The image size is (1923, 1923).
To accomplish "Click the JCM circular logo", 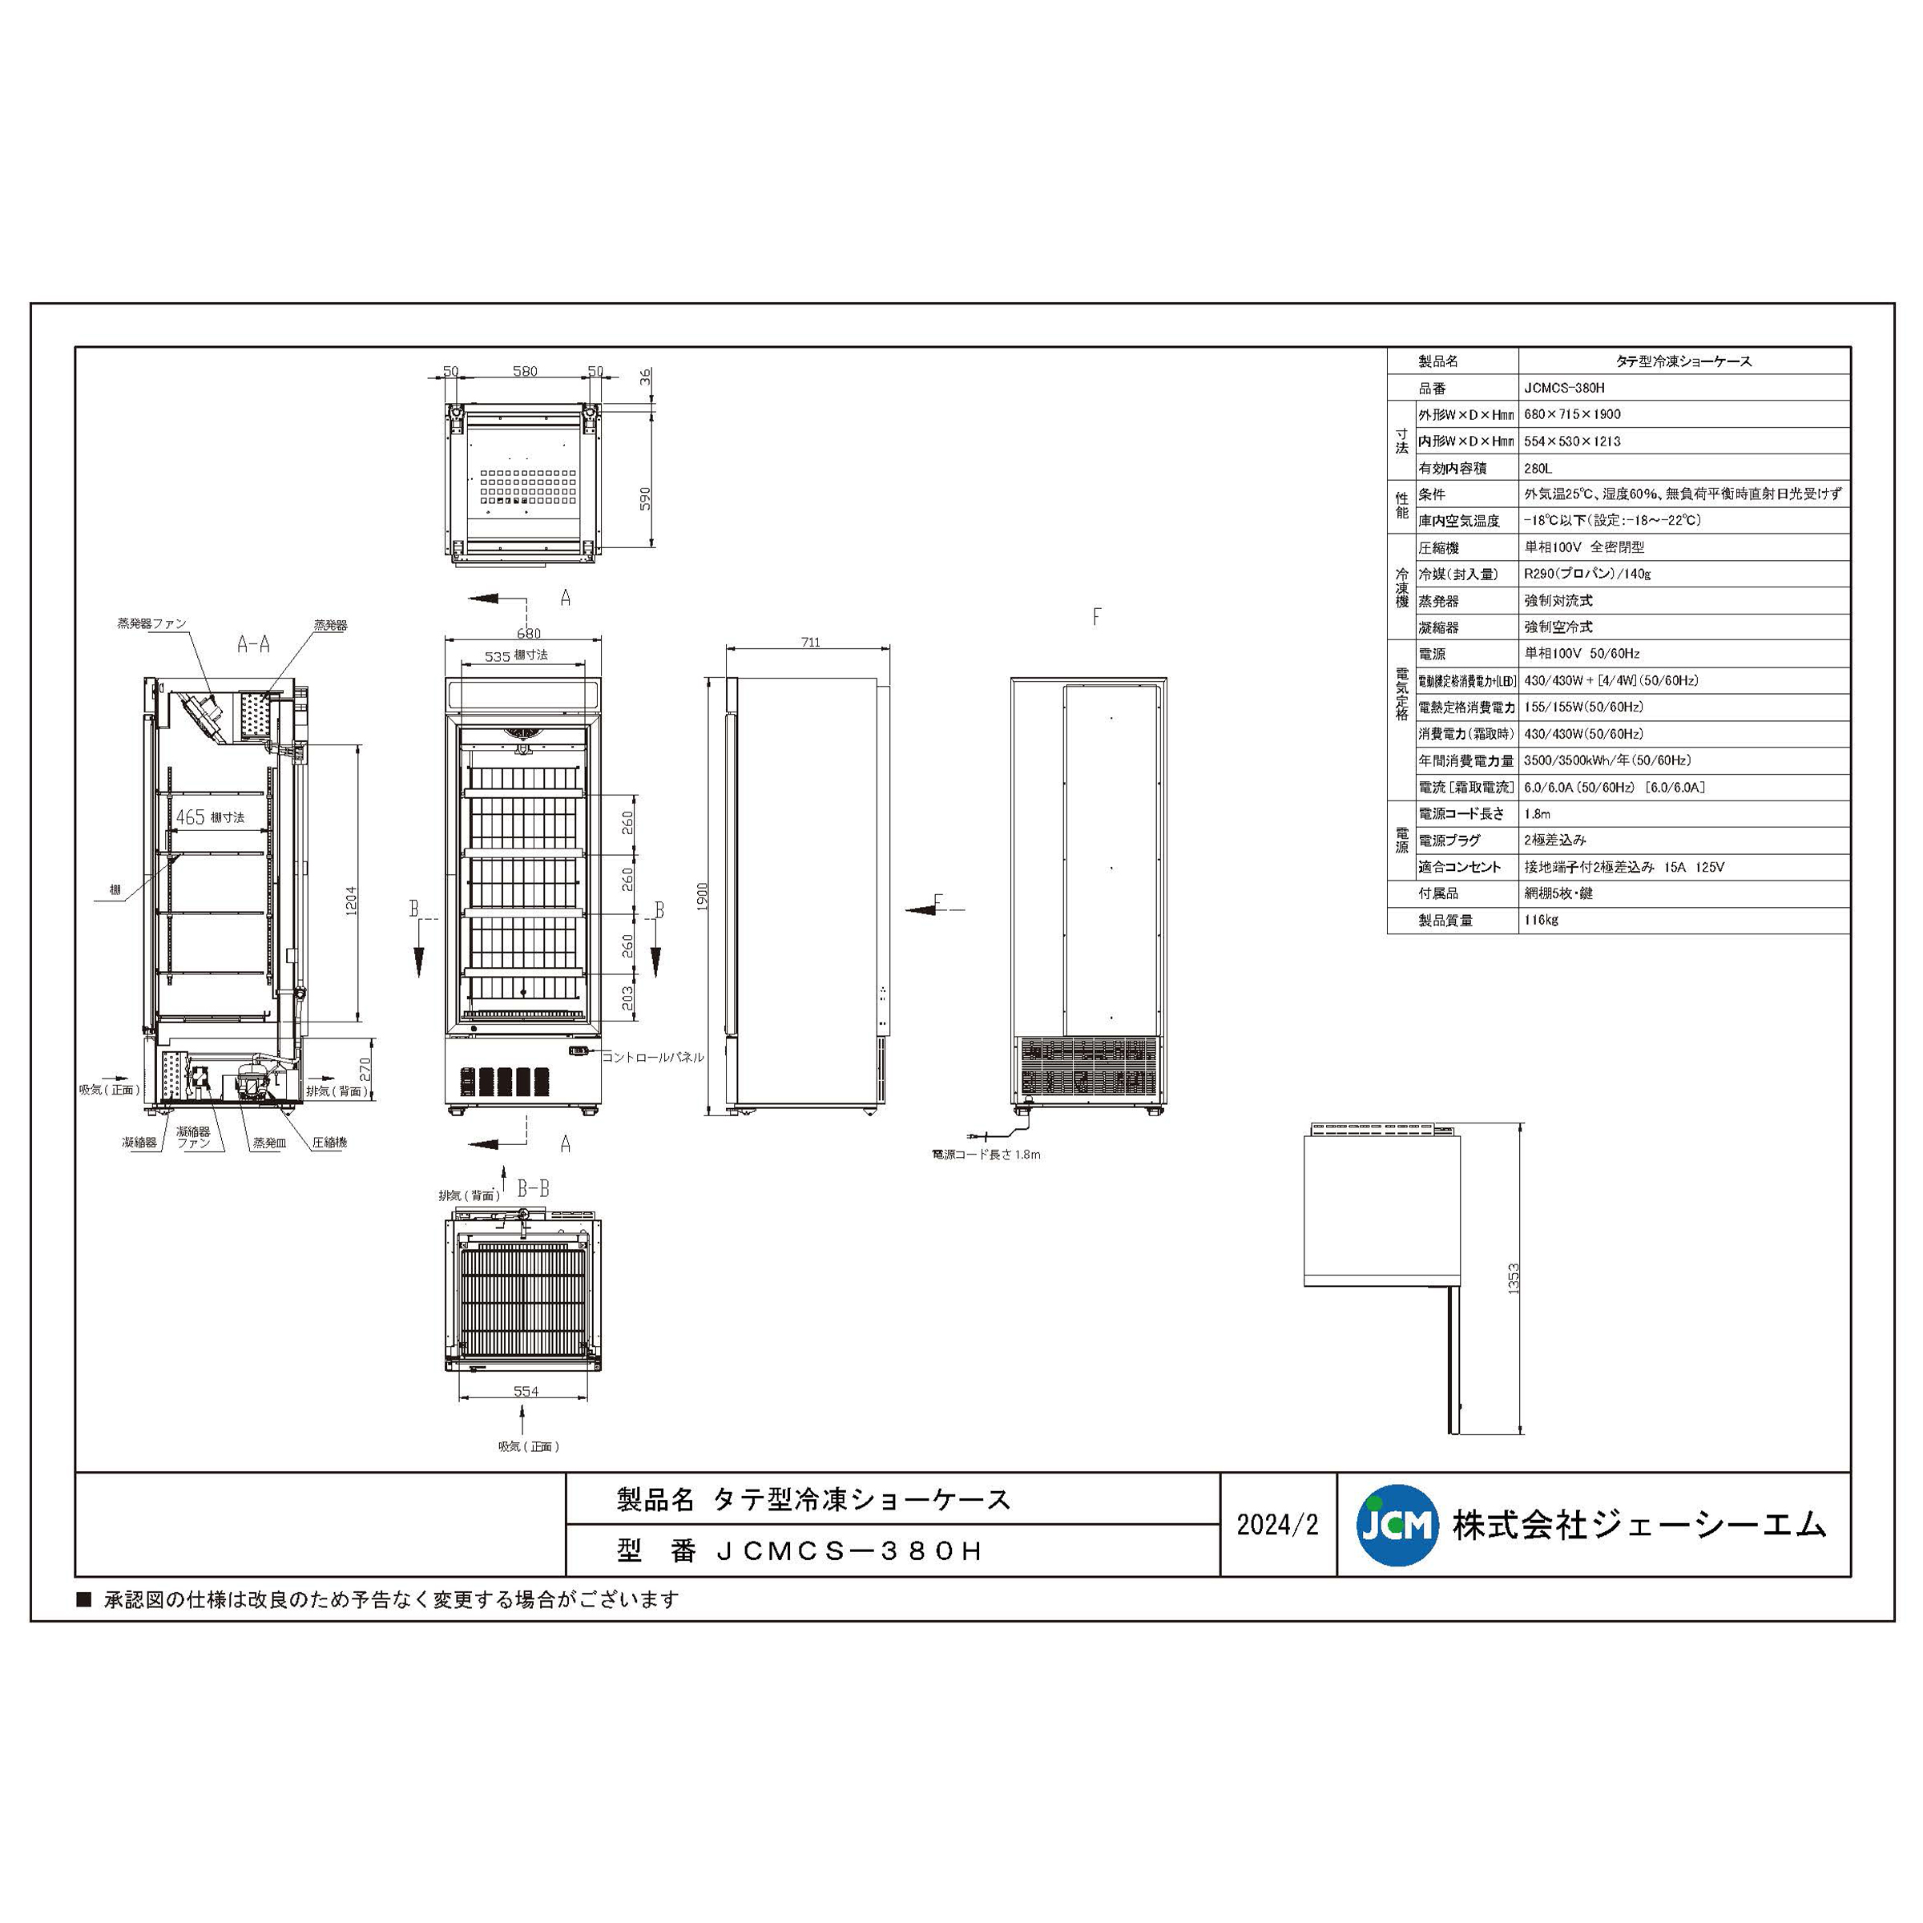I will pos(1397,1525).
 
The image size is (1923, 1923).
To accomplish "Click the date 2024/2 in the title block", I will pos(1277,1525).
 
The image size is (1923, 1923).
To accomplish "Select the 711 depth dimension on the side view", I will pos(810,642).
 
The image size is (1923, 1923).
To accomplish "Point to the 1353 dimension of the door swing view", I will pos(1513,1278).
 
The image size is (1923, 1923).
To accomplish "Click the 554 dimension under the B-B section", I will pos(526,1392).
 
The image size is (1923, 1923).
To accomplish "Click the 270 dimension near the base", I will pos(365,1070).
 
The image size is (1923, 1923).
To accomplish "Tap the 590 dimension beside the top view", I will pos(645,498).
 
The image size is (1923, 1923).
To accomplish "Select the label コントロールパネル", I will pos(653,1057).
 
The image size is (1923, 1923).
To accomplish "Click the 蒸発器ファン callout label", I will pos(151,624).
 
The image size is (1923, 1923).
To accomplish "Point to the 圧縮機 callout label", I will pos(329,1143).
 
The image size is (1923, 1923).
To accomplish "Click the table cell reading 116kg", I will pos(1541,920).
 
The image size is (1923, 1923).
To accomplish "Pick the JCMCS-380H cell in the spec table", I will pos(1564,388).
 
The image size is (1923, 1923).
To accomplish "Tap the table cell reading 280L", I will pos(1538,468).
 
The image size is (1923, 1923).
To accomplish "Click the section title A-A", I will pos(253,645).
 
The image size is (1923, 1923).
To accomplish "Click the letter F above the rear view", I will pos(1096,616).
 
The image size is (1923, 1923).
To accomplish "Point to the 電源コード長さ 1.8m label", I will pos(986,1155).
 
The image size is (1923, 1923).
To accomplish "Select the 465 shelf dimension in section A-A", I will pos(190,817).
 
